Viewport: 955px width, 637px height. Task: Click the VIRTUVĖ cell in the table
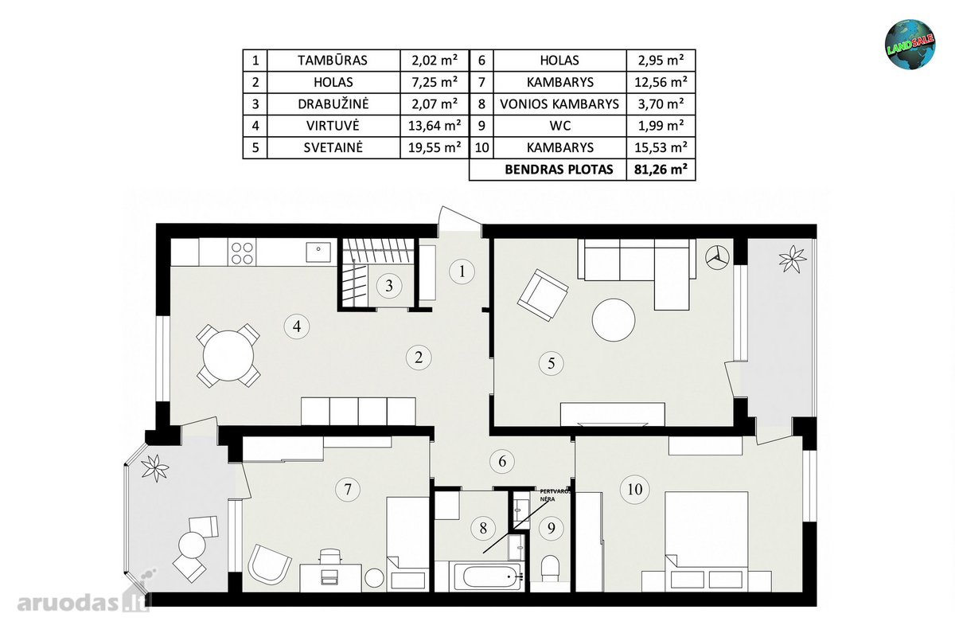click(x=333, y=126)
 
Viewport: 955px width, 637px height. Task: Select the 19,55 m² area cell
click(x=435, y=147)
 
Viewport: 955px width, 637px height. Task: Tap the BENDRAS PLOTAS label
click(x=559, y=170)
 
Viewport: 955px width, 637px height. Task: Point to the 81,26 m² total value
click(x=661, y=170)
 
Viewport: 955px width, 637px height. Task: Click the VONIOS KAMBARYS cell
click(x=559, y=104)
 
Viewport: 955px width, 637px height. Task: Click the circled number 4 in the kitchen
click(x=297, y=326)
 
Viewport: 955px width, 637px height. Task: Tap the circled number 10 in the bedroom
click(x=635, y=490)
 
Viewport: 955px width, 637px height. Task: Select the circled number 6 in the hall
click(x=502, y=461)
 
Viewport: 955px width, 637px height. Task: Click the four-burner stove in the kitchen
click(x=242, y=253)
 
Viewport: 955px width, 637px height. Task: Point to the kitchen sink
click(x=318, y=252)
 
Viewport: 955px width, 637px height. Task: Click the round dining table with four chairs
click(x=228, y=356)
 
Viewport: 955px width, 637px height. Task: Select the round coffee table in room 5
click(x=614, y=319)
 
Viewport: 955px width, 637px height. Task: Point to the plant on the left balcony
click(x=155, y=468)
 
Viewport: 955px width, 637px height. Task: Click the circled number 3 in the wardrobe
click(x=389, y=285)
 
